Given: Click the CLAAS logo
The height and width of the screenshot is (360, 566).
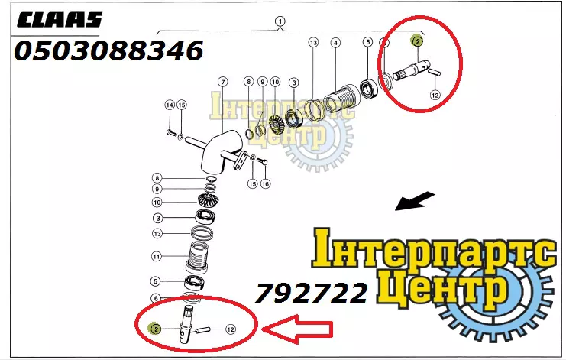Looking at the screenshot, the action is pos(60,20).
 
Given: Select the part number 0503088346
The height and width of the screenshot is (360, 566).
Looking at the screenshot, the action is pos(108,50).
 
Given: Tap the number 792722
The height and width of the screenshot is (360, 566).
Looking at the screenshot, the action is pos(311,293).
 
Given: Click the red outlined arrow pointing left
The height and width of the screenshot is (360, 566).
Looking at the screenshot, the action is pos(297,329).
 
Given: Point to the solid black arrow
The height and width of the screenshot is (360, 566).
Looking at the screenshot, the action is pos(415,201).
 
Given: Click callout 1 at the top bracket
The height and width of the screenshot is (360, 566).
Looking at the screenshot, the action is pos(280,21).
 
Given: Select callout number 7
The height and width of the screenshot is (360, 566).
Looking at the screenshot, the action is pos(223,82).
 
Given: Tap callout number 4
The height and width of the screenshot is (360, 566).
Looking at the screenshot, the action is pos(335,43).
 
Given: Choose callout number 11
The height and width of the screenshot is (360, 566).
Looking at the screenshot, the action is pos(157,257).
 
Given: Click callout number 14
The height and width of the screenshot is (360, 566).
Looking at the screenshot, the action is pos(170,105).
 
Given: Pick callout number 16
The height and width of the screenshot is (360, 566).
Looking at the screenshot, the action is pos(265,183).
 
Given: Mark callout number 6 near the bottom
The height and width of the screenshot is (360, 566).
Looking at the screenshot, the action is pos(156,298).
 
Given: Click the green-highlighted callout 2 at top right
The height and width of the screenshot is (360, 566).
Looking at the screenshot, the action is pos(417,41).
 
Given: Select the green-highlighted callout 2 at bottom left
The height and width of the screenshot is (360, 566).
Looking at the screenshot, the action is pos(155,329).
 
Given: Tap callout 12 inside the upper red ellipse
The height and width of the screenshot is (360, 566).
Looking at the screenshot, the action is pos(435,95).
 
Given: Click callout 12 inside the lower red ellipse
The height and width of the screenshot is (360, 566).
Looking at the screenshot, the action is pos(231,329).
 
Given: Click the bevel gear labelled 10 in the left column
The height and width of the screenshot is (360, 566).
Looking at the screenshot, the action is pos(207,200).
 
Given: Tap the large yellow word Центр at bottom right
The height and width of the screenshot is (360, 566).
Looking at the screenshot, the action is pos(441,288).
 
